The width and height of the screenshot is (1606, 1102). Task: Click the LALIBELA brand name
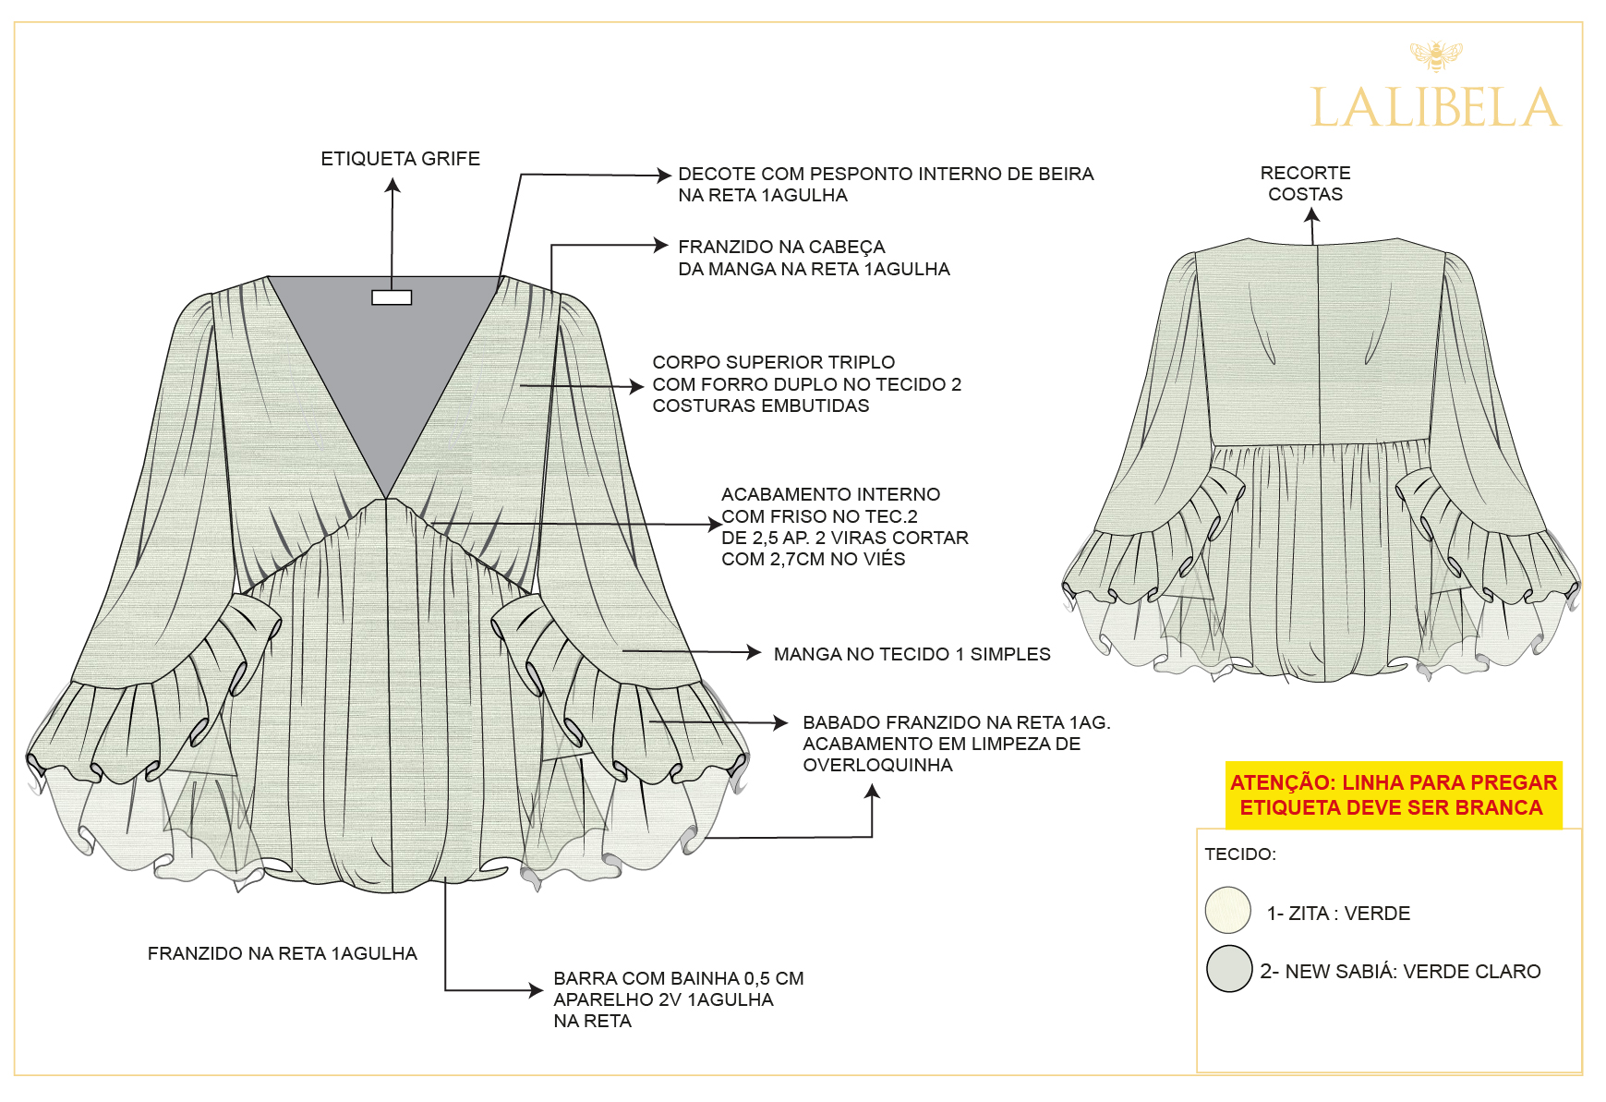tap(1435, 107)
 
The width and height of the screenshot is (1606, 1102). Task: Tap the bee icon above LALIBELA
tap(1436, 55)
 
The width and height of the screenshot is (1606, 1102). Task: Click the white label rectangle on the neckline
tap(392, 297)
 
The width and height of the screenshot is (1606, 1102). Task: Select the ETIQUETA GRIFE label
tap(400, 159)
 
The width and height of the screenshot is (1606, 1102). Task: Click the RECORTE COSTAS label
tap(1305, 183)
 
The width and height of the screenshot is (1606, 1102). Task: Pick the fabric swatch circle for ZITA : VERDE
tap(1227, 910)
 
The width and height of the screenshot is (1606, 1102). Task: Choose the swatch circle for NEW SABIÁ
tap(1229, 968)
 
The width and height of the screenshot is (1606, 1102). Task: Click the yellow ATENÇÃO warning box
tap(1394, 794)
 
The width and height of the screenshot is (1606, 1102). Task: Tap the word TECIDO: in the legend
tap(1240, 854)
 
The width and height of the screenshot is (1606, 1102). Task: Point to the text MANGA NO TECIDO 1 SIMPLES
tap(912, 654)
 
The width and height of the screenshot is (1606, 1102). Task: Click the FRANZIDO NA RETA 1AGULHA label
tap(282, 953)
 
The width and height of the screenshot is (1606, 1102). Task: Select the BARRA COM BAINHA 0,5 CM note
tap(679, 999)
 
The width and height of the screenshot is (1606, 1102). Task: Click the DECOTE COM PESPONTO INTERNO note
tap(886, 184)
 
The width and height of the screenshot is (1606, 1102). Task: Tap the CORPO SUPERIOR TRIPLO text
tap(807, 383)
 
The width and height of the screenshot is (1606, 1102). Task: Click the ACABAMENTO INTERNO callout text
tap(845, 527)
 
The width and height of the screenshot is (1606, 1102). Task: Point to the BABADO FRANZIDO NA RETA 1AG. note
tap(957, 744)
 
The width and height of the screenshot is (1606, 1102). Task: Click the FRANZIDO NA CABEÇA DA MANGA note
tap(814, 258)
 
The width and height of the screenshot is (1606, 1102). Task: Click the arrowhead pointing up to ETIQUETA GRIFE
tap(392, 185)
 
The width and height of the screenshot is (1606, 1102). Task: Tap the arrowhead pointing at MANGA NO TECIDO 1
tap(755, 652)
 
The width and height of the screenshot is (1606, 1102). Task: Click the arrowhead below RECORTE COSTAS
tap(1311, 215)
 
